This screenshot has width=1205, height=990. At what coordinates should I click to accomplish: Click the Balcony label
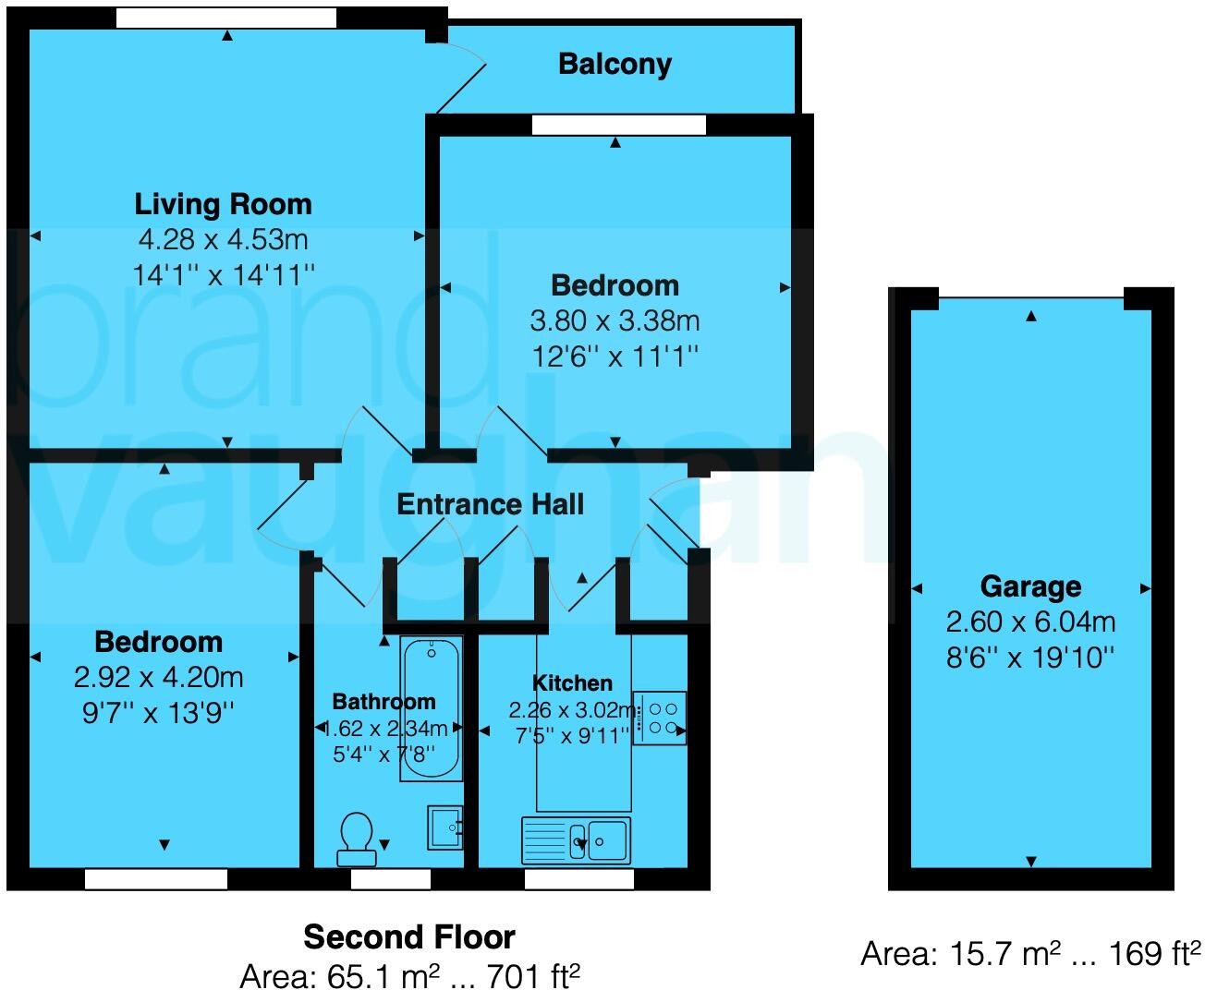pyautogui.click(x=615, y=64)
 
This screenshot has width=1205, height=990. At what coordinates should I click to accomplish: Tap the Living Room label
pyautogui.click(x=223, y=204)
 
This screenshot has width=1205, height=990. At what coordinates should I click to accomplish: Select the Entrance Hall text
pyautogui.click(x=490, y=504)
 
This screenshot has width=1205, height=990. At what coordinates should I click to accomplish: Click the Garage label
pyautogui.click(x=1030, y=586)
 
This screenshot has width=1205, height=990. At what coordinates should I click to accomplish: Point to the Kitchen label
pyautogui.click(x=572, y=683)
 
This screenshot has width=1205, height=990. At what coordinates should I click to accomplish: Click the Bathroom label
pyautogui.click(x=383, y=702)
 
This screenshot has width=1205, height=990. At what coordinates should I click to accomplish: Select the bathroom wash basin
pyautogui.click(x=444, y=827)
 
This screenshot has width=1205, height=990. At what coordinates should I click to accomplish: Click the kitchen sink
pyautogui.click(x=577, y=839)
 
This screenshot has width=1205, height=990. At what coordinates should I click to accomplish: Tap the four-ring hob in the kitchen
pyautogui.click(x=659, y=718)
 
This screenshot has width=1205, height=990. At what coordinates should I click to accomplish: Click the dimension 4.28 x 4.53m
pyautogui.click(x=223, y=240)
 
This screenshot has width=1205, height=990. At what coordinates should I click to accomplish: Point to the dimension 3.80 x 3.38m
pyautogui.click(x=615, y=321)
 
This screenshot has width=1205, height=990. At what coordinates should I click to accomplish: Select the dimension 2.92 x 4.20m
pyautogui.click(x=158, y=678)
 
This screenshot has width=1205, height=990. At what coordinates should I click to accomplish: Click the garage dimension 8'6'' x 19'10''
pyautogui.click(x=1030, y=658)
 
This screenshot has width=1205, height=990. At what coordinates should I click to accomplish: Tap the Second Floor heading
pyautogui.click(x=408, y=937)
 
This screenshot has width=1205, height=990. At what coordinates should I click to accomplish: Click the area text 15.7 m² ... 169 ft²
pyautogui.click(x=1030, y=954)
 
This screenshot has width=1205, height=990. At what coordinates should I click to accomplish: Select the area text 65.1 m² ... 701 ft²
pyautogui.click(x=408, y=974)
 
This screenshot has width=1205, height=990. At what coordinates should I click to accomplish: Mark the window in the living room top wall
pyautogui.click(x=226, y=18)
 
